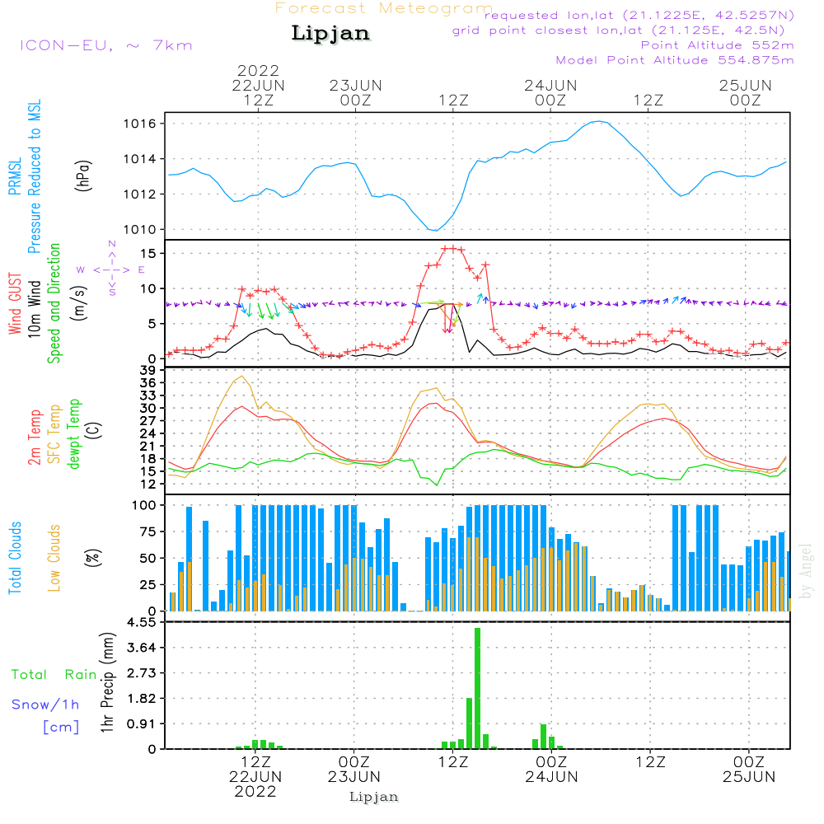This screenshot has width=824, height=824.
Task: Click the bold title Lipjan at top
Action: coord(330,34)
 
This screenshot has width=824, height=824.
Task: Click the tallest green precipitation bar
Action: coord(477,688)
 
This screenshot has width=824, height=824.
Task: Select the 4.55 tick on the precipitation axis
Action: coord(141,622)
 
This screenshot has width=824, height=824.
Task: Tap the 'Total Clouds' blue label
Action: coord(16,558)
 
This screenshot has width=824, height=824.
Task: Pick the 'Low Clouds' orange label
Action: coord(54,558)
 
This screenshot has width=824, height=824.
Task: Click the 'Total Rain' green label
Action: coord(54,675)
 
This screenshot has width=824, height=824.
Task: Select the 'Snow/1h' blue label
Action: coord(46,705)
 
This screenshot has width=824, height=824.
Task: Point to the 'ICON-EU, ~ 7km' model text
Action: coord(105,45)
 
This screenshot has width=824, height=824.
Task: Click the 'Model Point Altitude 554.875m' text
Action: coord(675,60)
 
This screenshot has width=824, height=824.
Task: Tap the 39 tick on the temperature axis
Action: coord(149,371)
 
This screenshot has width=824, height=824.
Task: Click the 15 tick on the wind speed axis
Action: coord(149,253)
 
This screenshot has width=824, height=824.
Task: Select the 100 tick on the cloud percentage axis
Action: coord(145,504)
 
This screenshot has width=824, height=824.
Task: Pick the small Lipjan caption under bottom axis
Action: coord(374,797)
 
